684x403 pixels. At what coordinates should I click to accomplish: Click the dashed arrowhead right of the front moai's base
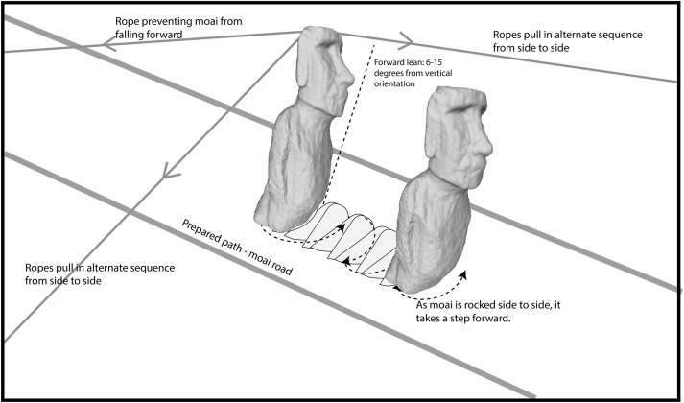[x=463, y=275]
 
